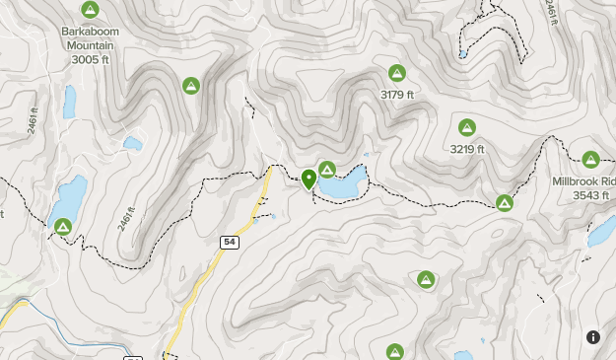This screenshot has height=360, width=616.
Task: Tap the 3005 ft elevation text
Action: (x=90, y=59)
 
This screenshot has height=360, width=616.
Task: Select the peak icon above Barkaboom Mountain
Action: (x=90, y=11)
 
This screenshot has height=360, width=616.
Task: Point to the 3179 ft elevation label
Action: (x=397, y=95)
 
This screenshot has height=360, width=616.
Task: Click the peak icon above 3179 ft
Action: (x=397, y=73)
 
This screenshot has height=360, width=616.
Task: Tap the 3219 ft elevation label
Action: (x=467, y=150)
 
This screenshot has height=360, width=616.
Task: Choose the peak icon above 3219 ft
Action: (x=466, y=127)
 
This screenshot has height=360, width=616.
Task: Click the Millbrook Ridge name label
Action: (x=583, y=182)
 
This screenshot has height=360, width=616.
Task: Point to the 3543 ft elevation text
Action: (x=591, y=196)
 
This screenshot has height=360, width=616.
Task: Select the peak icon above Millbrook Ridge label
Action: (x=590, y=160)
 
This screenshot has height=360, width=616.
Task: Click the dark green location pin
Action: (x=308, y=179)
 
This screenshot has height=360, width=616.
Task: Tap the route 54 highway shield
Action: (x=229, y=242)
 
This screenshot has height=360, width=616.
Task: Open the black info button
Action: (x=592, y=337)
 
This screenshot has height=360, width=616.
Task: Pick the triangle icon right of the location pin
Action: (x=326, y=170)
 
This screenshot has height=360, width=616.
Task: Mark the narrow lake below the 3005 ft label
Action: (x=69, y=100)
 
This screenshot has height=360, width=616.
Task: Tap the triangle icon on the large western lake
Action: (x=62, y=227)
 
